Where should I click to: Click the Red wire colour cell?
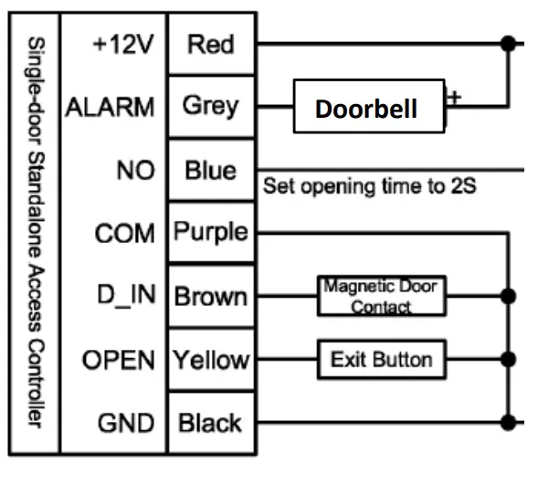point(210,43)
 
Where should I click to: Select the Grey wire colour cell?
point(210,106)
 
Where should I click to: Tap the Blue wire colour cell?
point(210,170)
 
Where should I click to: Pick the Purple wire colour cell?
point(210,232)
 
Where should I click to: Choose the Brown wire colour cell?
point(210,296)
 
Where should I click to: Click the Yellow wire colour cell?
point(210,359)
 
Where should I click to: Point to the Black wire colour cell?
point(210,422)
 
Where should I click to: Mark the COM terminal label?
point(124,234)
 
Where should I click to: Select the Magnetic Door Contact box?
point(381,296)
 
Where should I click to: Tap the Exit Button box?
point(382,358)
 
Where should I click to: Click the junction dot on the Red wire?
point(507,42)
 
